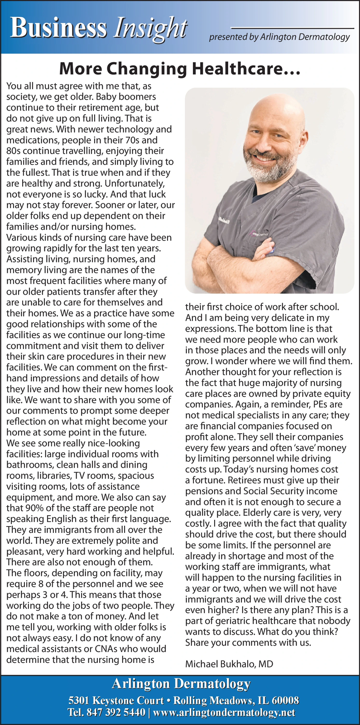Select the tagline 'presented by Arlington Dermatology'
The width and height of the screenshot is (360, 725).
[279, 37]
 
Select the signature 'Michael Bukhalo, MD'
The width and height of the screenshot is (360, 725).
[229, 664]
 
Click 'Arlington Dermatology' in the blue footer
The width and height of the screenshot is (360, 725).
[181, 683]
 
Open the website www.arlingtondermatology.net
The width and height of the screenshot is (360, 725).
[224, 712]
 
